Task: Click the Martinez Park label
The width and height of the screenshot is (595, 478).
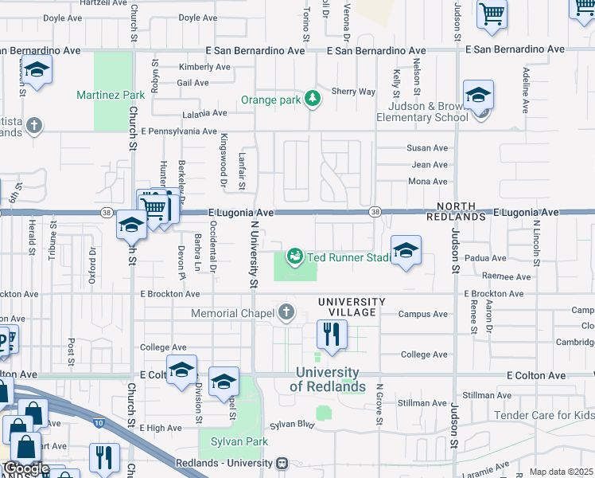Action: (111, 96)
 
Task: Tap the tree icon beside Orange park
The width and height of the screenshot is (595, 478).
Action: (313, 99)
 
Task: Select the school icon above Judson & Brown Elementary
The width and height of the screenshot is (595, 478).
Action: (478, 96)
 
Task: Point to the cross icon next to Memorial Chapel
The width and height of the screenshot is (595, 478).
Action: (286, 312)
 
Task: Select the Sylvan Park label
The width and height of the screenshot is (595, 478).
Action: (239, 441)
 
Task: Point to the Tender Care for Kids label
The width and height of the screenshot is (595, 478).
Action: (543, 415)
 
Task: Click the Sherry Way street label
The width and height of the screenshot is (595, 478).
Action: (353, 92)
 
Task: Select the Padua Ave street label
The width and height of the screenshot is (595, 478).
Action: (487, 258)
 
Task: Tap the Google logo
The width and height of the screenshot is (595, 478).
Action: (25, 468)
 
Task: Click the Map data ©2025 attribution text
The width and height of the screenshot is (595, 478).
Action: (561, 472)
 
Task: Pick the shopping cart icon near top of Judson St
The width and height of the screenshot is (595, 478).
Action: (492, 14)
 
